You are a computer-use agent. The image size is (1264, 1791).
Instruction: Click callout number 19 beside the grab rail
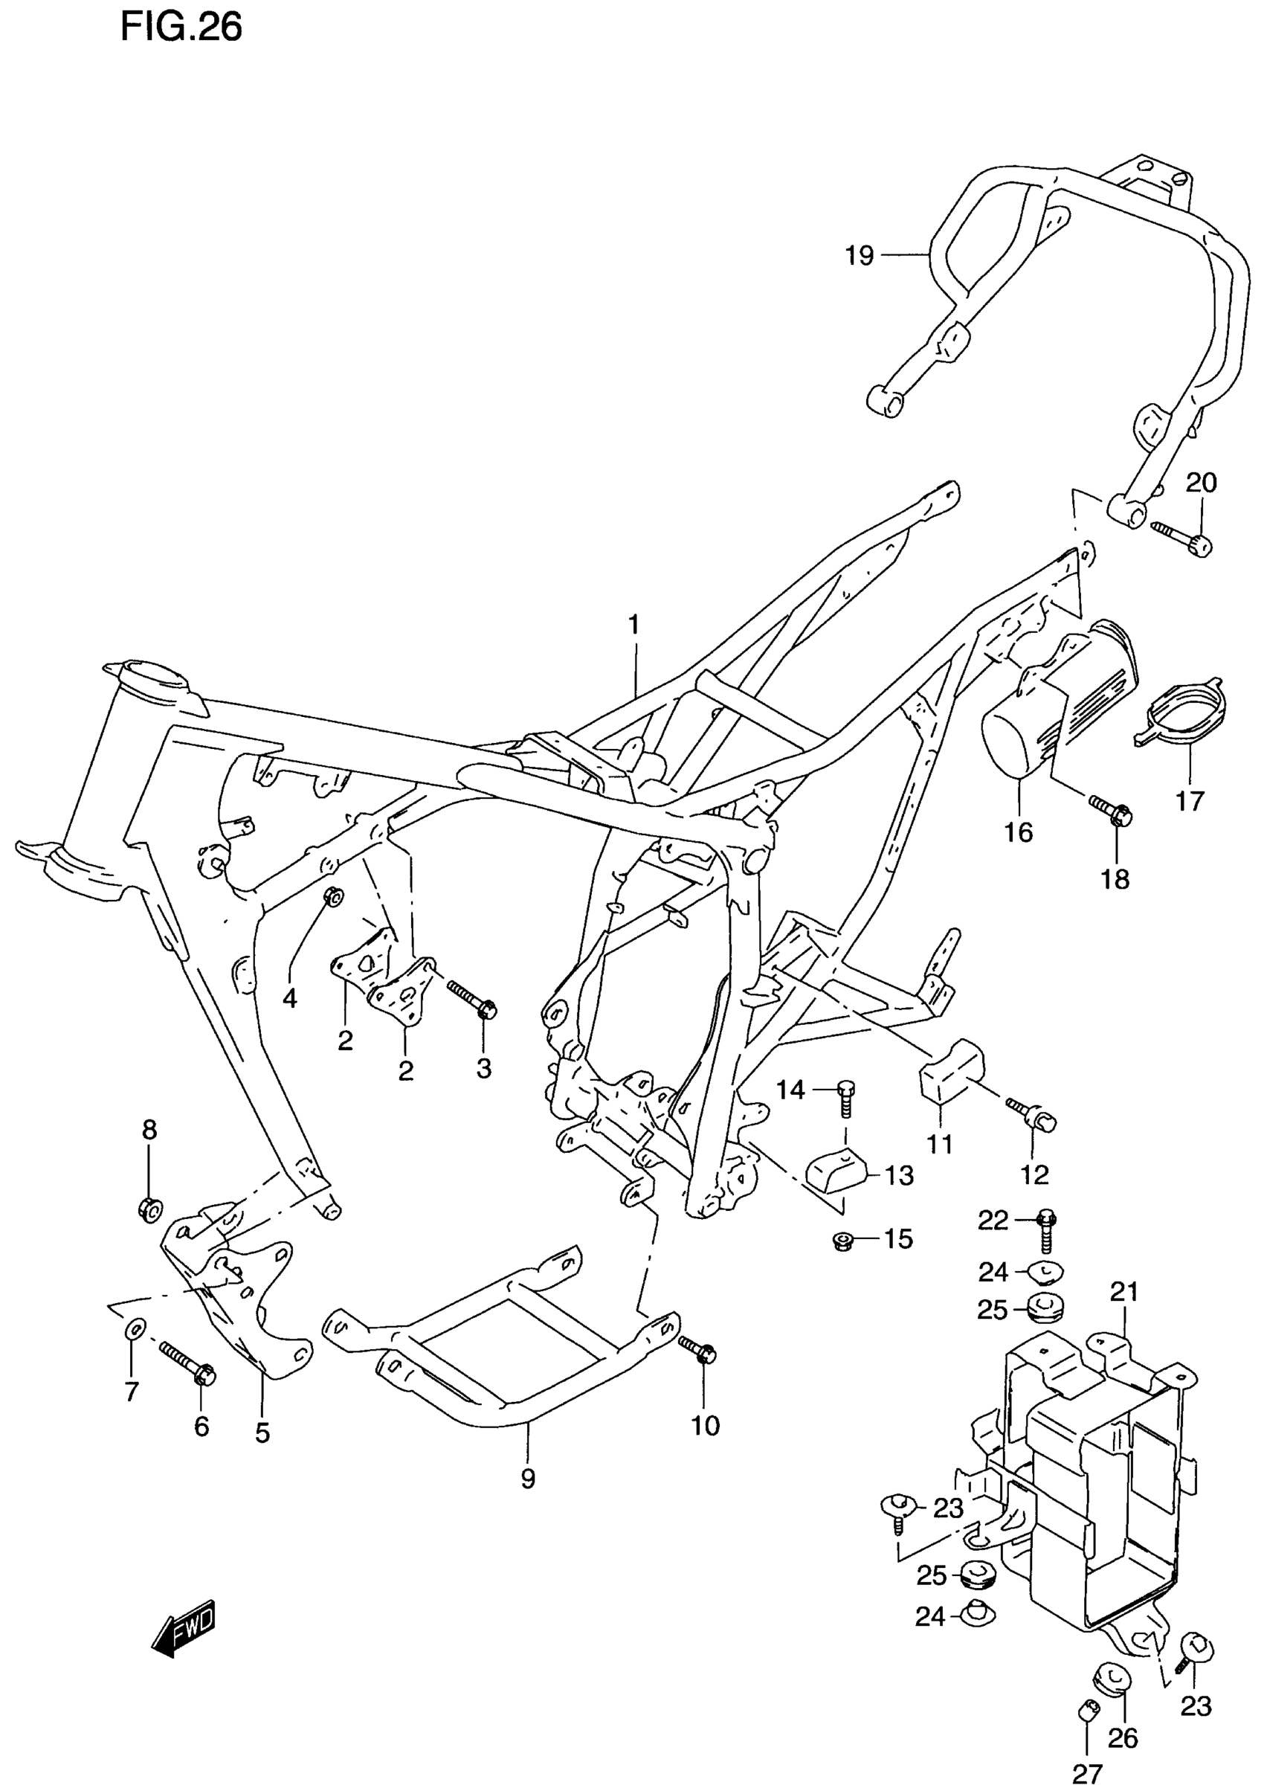pyautogui.click(x=860, y=255)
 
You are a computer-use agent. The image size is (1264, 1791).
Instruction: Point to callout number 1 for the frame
pyautogui.click(x=634, y=624)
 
